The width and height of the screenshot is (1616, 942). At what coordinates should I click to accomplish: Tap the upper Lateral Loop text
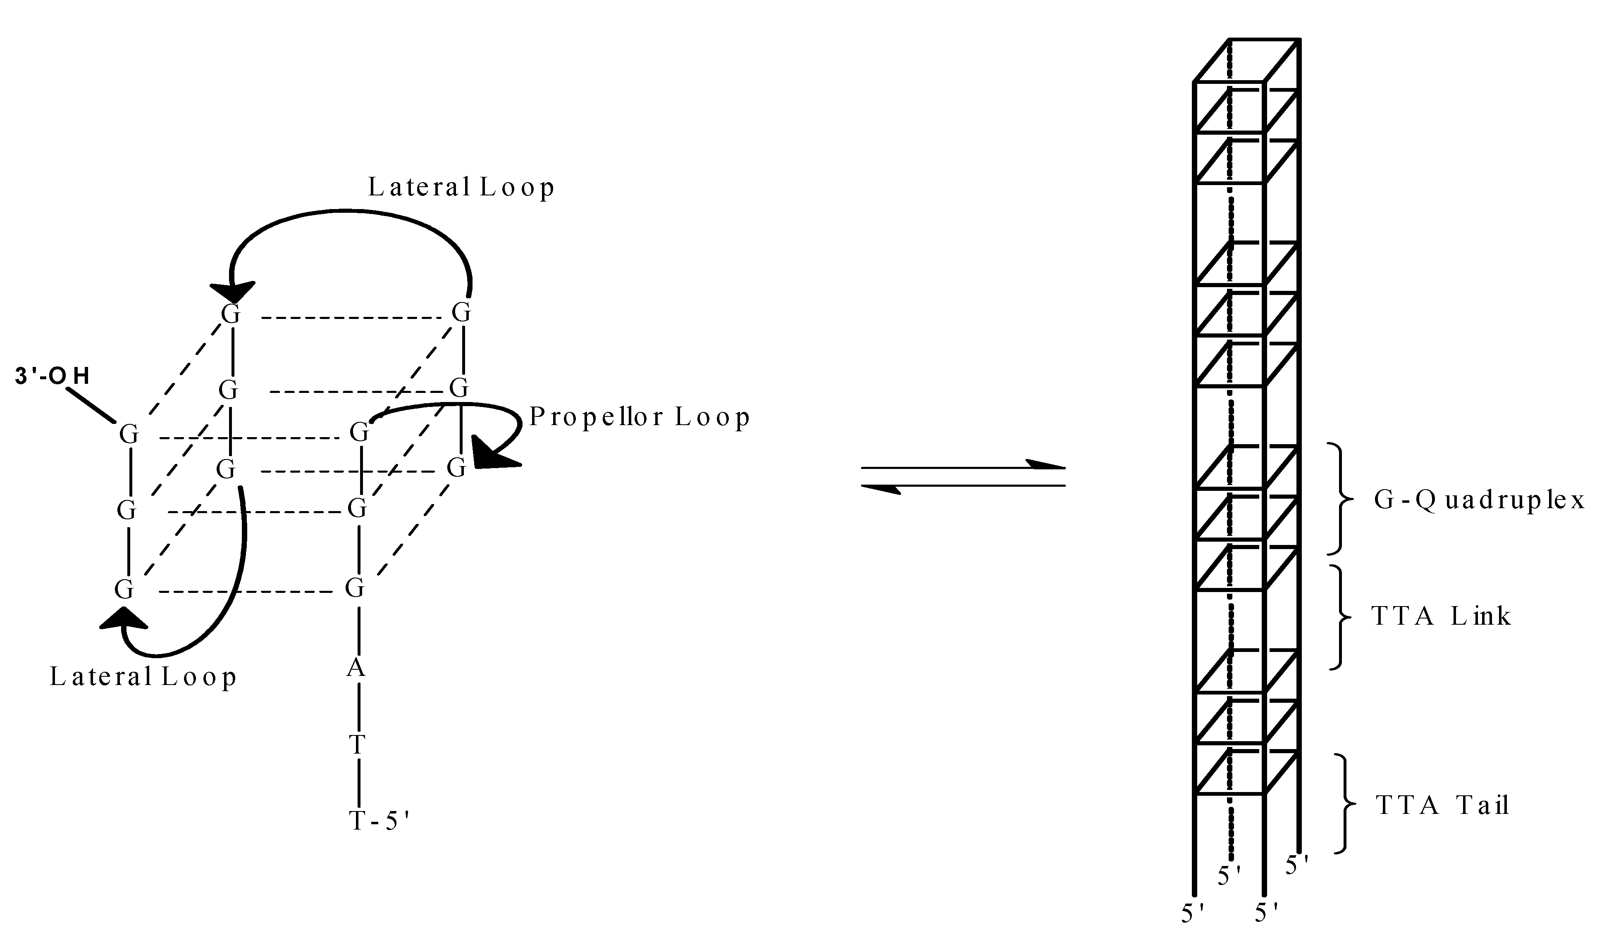(x=461, y=187)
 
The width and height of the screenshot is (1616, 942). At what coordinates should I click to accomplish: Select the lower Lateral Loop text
(x=143, y=677)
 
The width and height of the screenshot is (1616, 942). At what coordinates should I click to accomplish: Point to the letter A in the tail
(x=356, y=668)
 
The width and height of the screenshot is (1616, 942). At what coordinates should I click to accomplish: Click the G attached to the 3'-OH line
(x=129, y=435)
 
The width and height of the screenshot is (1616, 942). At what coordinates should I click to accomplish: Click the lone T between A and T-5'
(x=356, y=745)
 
